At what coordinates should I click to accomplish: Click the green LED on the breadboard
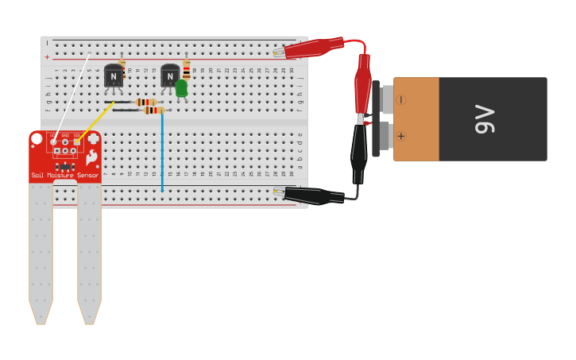pos(181,87)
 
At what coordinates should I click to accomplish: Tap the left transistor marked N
pos(114,76)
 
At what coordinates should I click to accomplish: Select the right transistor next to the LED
pos(170,76)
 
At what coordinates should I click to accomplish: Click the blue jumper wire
pos(162,151)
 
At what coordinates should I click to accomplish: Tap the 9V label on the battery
pos(484,119)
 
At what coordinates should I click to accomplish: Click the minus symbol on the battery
pos(400,100)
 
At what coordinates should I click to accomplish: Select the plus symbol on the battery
pos(400,136)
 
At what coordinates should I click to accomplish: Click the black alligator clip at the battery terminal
pos(359,151)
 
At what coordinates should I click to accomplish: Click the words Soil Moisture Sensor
pos(65,175)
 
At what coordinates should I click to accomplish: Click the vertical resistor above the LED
pos(187,70)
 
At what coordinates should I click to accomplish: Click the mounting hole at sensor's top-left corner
pos(37,139)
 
